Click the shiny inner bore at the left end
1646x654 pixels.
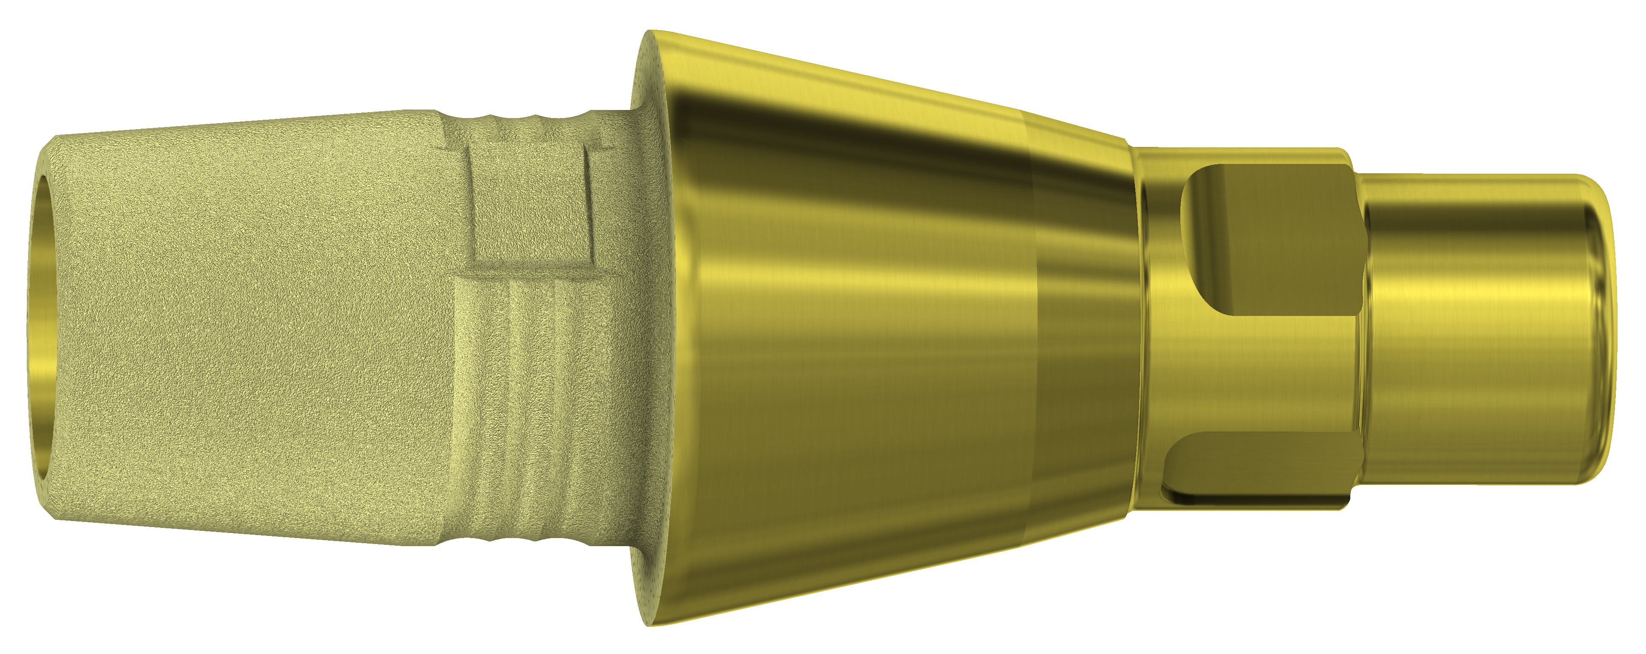(x=40, y=326)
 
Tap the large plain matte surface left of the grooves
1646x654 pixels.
(x=256, y=332)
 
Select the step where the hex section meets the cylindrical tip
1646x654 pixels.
(x=1361, y=326)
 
